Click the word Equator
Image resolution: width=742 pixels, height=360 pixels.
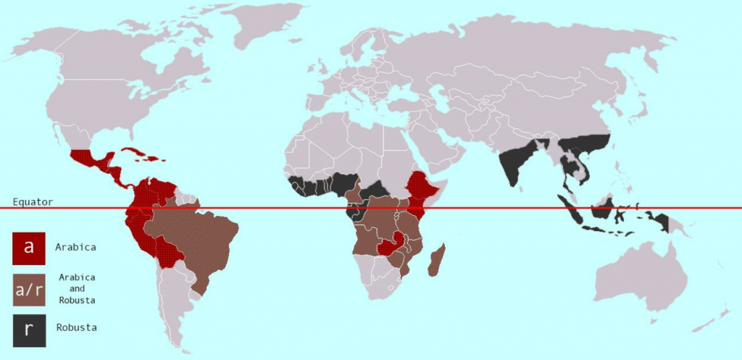(x=33, y=202)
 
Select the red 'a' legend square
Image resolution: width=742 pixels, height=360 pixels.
(x=29, y=247)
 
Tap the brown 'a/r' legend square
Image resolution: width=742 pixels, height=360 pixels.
(x=29, y=288)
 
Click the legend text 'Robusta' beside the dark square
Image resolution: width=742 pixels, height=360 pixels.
(x=77, y=328)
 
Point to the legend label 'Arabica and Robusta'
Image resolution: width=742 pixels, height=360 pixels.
(x=78, y=288)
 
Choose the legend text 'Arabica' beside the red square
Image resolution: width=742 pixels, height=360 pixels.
(x=76, y=247)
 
